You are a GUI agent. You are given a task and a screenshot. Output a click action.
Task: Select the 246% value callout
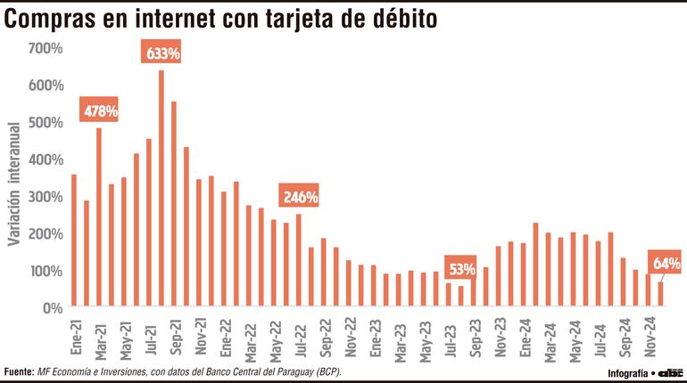pos(300,197)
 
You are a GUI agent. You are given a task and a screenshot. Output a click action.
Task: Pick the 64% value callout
pos(666,264)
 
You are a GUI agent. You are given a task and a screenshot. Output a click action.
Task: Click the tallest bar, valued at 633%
pos(161,189)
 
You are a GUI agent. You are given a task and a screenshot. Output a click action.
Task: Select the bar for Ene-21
pos(74,240)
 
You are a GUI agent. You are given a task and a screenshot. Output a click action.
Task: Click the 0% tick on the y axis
pos(51,308)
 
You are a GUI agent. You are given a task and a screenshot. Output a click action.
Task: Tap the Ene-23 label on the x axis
pos(374,335)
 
